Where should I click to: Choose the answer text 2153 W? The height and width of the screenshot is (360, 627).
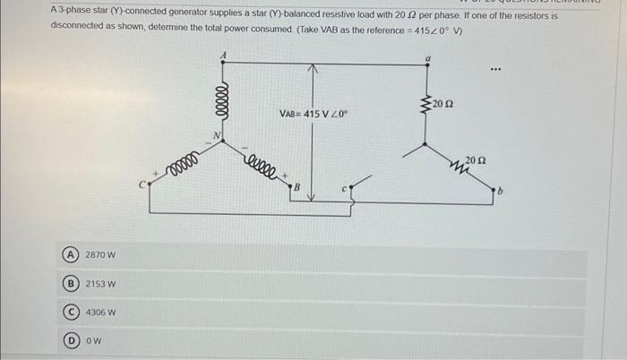click(x=100, y=284)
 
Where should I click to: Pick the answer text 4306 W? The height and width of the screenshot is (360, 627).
click(x=100, y=313)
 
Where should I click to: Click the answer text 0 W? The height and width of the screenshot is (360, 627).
click(x=93, y=340)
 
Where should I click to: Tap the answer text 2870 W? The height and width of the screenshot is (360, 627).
click(x=100, y=255)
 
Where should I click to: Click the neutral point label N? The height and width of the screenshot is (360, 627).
click(x=214, y=136)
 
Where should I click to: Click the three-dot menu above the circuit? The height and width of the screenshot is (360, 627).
click(x=496, y=68)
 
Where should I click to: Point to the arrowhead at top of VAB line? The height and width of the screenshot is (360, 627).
click(x=312, y=68)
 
